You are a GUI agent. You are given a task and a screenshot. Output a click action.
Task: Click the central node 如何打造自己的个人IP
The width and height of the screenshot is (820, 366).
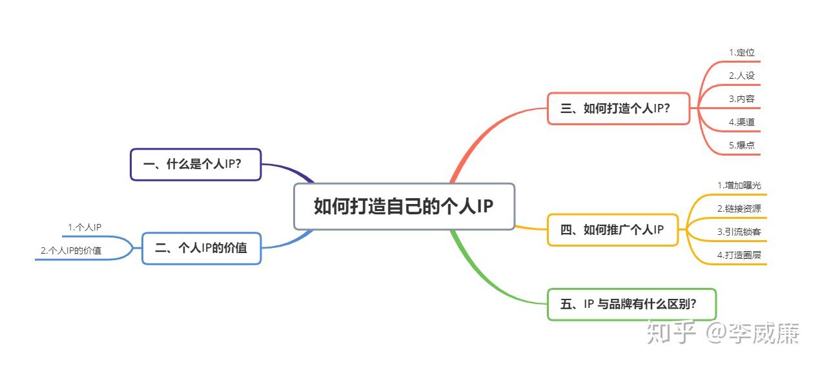pyautogui.click(x=404, y=207)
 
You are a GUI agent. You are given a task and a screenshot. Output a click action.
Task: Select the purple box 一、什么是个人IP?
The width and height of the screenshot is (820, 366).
pyautogui.click(x=196, y=165)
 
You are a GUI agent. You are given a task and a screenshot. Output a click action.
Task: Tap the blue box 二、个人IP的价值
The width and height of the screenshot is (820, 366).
pyautogui.click(x=201, y=248)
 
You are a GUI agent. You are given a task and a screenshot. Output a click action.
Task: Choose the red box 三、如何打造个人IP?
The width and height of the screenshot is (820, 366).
pyautogui.click(x=618, y=108)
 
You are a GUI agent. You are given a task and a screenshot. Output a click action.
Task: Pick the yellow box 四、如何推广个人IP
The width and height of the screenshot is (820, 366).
pyautogui.click(x=613, y=230)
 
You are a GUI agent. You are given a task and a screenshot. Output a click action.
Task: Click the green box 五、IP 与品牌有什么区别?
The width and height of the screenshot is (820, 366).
pyautogui.click(x=631, y=304)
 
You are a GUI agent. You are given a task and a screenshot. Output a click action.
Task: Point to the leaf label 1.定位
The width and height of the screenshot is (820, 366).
pyautogui.click(x=742, y=53)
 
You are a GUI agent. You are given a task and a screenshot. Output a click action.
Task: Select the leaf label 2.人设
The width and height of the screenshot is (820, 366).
pyautogui.click(x=742, y=76)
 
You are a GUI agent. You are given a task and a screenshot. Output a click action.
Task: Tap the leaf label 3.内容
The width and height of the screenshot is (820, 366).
pyautogui.click(x=742, y=99)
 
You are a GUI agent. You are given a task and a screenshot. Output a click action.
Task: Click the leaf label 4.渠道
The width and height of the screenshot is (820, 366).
pyautogui.click(x=742, y=122)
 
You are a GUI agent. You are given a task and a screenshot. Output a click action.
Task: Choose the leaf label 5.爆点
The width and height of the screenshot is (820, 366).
pyautogui.click(x=742, y=145)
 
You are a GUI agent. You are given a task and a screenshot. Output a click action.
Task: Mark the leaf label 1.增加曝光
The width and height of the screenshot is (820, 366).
pyautogui.click(x=739, y=185)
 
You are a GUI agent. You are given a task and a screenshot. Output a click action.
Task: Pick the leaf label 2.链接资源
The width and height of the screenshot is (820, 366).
pyautogui.click(x=739, y=208)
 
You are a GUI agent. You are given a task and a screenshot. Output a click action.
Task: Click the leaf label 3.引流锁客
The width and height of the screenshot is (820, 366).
pyautogui.click(x=739, y=232)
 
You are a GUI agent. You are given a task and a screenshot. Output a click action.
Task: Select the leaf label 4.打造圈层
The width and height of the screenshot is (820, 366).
pyautogui.click(x=739, y=255)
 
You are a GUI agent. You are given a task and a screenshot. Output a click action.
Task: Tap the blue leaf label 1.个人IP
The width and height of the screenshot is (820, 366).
pyautogui.click(x=85, y=227)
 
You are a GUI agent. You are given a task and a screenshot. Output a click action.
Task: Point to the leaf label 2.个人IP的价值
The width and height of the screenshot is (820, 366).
pyautogui.click(x=71, y=250)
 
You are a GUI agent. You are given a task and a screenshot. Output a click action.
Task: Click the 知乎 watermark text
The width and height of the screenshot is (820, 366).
pyautogui.click(x=671, y=334)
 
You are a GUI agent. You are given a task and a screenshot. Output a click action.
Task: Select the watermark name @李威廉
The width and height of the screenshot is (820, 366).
pyautogui.click(x=753, y=334)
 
